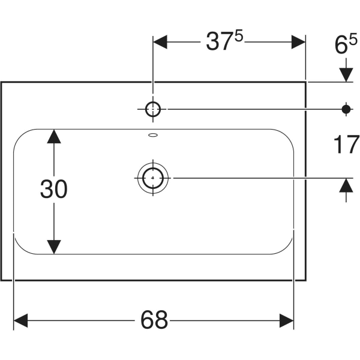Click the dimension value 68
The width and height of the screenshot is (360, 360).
tap(154, 320)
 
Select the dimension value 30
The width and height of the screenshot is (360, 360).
tap(54, 190)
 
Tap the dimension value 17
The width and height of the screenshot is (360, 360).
tap(346, 145)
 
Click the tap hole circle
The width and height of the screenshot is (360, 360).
tap(153, 109)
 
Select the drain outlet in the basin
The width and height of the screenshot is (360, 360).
tap(153, 178)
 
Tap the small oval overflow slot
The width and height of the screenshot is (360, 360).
tap(152, 135)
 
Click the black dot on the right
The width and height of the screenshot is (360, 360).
tap(346, 109)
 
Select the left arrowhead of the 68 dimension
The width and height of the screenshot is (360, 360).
tap(22, 320)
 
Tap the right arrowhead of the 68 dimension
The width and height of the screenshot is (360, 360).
tap(286, 320)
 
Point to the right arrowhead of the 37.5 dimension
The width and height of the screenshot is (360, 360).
tap(298, 42)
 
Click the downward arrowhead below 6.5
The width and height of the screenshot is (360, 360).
tap(346, 74)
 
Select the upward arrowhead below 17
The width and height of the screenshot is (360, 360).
tap(346, 186)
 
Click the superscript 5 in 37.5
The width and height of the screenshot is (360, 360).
tap(239, 37)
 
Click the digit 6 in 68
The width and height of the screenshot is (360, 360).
tap(146, 320)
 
